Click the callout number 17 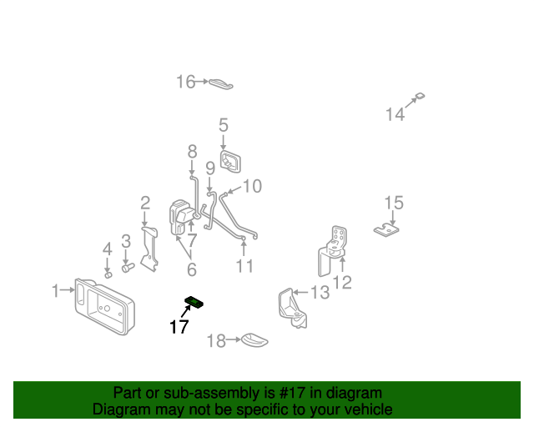(x=179, y=327)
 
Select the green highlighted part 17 (x=196, y=301)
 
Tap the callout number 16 (x=185, y=82)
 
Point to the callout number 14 (x=395, y=114)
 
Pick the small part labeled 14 (x=421, y=98)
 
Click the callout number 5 (x=224, y=126)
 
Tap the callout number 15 (x=393, y=203)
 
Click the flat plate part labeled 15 (x=385, y=229)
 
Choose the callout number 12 (x=342, y=283)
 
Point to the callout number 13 (x=320, y=293)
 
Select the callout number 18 (x=215, y=340)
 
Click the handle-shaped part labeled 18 (x=253, y=339)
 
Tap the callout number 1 (x=56, y=291)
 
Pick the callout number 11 (x=244, y=267)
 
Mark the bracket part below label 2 (x=149, y=249)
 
